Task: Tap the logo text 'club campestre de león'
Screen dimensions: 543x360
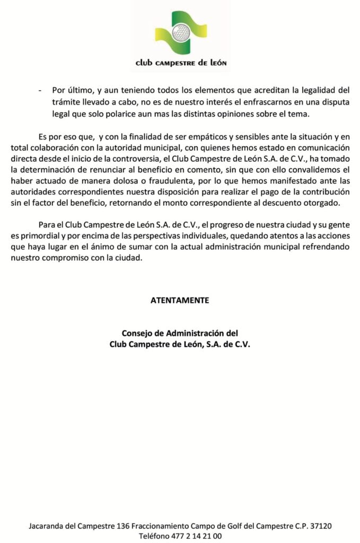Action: (x=181, y=63)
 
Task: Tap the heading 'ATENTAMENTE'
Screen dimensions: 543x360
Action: (x=180, y=301)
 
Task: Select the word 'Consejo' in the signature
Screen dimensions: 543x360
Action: (x=137, y=334)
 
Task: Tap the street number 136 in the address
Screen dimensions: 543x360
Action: (x=124, y=526)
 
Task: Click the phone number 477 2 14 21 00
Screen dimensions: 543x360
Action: (x=195, y=536)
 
